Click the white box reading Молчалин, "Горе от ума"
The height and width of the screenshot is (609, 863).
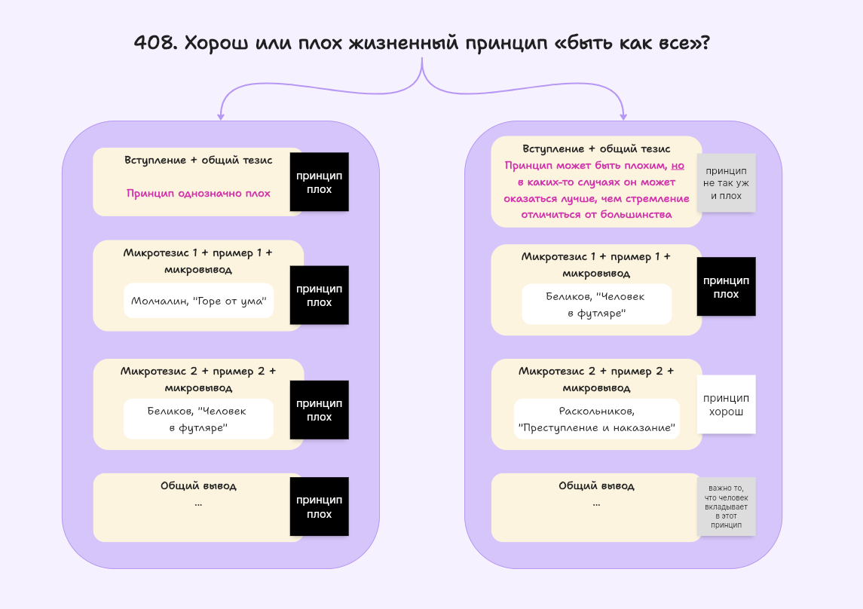pyautogui.click(x=199, y=301)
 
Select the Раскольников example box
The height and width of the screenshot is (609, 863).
pyautogui.click(x=596, y=420)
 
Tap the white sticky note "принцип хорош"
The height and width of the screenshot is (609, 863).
pyautogui.click(x=726, y=405)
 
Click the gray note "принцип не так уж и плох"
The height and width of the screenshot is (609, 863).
pyautogui.click(x=726, y=183)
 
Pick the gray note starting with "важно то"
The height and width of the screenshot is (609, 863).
pyautogui.click(x=726, y=506)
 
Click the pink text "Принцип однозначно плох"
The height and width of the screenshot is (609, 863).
pyautogui.click(x=198, y=194)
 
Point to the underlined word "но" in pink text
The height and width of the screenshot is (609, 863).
pyautogui.click(x=678, y=166)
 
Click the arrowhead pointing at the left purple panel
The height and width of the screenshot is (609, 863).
pyautogui.click(x=221, y=116)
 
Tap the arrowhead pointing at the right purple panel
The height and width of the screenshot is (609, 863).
pyautogui.click(x=623, y=116)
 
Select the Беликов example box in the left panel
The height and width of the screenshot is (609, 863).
pyautogui.click(x=198, y=419)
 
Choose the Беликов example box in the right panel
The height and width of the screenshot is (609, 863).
pyautogui.click(x=596, y=304)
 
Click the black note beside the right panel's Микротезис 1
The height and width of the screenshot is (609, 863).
pyautogui.click(x=726, y=287)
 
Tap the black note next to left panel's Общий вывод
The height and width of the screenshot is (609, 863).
pyautogui.click(x=320, y=506)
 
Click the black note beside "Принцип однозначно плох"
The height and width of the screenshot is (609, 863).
pyautogui.click(x=320, y=182)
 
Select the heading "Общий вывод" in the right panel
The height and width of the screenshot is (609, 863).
pyautogui.click(x=596, y=486)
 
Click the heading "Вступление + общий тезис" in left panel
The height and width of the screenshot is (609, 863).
pyautogui.click(x=198, y=160)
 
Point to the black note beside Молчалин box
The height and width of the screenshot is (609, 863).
pyautogui.click(x=320, y=295)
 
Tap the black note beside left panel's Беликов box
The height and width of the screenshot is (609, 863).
pyautogui.click(x=320, y=410)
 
